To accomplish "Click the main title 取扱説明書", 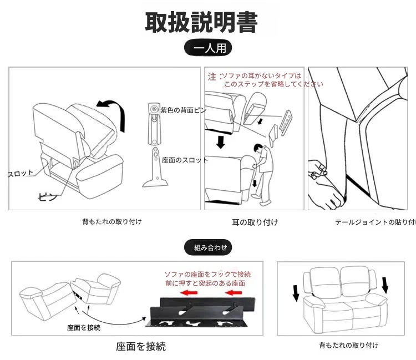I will (201, 22).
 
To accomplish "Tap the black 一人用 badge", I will (208, 48).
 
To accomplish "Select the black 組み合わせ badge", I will (208, 248).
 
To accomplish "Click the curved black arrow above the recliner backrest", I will (111, 110).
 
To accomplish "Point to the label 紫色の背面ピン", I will (184, 110).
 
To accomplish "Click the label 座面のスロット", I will (185, 160).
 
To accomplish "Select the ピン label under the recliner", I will (47, 196).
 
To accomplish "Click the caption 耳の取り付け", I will (255, 222).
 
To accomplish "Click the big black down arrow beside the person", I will (221, 142).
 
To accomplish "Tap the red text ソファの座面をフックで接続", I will (207, 275).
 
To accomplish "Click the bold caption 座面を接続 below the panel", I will (141, 347).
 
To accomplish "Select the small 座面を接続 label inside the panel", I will (83, 328).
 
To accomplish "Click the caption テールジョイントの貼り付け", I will (375, 222).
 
